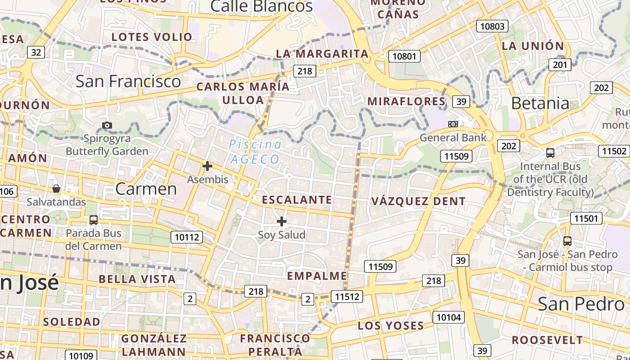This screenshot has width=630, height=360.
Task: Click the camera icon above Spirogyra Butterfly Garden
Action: [107, 125]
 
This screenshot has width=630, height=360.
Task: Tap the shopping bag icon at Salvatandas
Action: [56, 188]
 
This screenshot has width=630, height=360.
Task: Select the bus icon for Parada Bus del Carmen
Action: [94, 220]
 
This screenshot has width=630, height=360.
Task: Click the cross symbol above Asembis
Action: [207, 166]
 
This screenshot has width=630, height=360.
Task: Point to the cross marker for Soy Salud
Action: [282, 221]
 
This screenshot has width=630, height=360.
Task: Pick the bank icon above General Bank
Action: [453, 124]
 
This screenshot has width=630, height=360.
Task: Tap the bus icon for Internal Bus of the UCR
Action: [550, 153]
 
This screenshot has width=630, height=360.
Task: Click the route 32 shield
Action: [36, 52]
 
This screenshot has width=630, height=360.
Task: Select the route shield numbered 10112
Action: [187, 237]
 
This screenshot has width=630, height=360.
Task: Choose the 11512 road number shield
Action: [347, 296]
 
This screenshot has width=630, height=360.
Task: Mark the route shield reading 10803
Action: [492, 26]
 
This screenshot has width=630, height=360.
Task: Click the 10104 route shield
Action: [449, 317]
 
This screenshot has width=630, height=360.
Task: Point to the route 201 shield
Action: [560, 65]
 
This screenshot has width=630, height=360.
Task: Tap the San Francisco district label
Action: [128, 81]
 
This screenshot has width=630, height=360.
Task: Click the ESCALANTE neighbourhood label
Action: [297, 200]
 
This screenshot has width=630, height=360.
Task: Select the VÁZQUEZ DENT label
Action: [418, 201]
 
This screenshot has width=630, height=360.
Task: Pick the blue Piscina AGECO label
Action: [255, 152]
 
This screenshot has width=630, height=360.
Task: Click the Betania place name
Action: [540, 103]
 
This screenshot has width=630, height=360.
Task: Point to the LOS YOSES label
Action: [391, 325]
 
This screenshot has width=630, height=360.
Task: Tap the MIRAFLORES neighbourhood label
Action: [406, 101]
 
